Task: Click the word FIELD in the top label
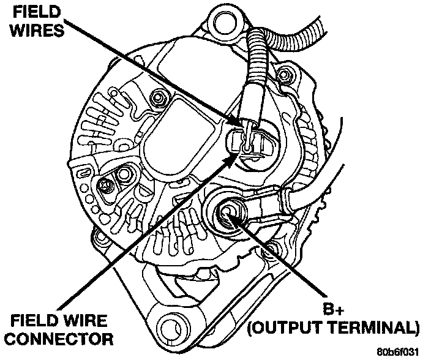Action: click(30, 12)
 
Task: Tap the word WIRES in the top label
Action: click(31, 29)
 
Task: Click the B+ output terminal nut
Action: click(227, 212)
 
